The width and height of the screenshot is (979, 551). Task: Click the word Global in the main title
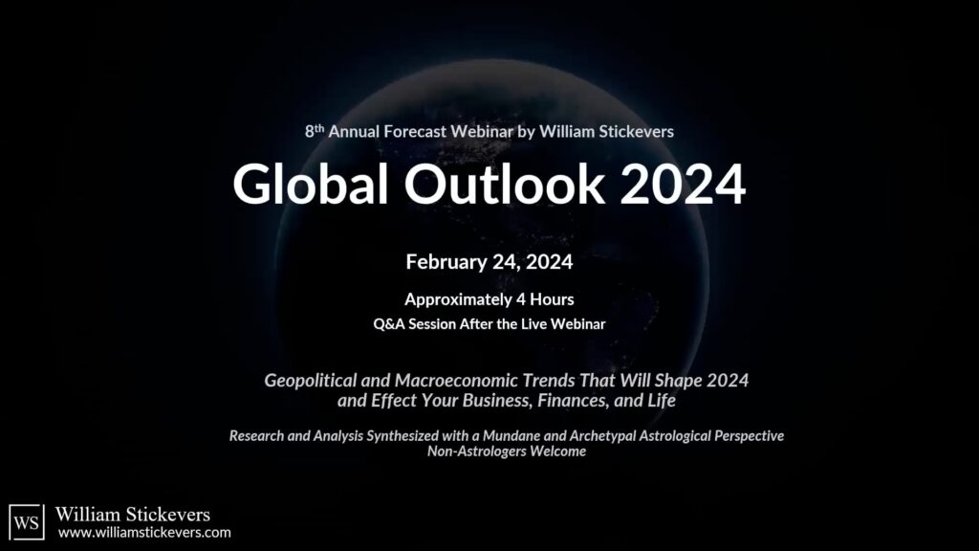pos(311,184)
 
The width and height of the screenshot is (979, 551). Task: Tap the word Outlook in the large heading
pos(505,184)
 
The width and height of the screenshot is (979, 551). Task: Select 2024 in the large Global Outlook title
pos(683,184)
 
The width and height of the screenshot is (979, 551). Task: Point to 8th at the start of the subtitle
pos(314,131)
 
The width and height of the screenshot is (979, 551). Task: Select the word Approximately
pos(458,299)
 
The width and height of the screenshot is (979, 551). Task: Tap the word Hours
pos(552,299)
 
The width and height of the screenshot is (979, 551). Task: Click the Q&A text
pos(388,324)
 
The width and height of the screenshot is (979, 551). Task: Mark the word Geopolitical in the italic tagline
pos(310,381)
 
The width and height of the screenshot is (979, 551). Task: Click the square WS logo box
pos(27,521)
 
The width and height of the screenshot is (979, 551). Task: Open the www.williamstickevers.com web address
pos(145,533)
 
